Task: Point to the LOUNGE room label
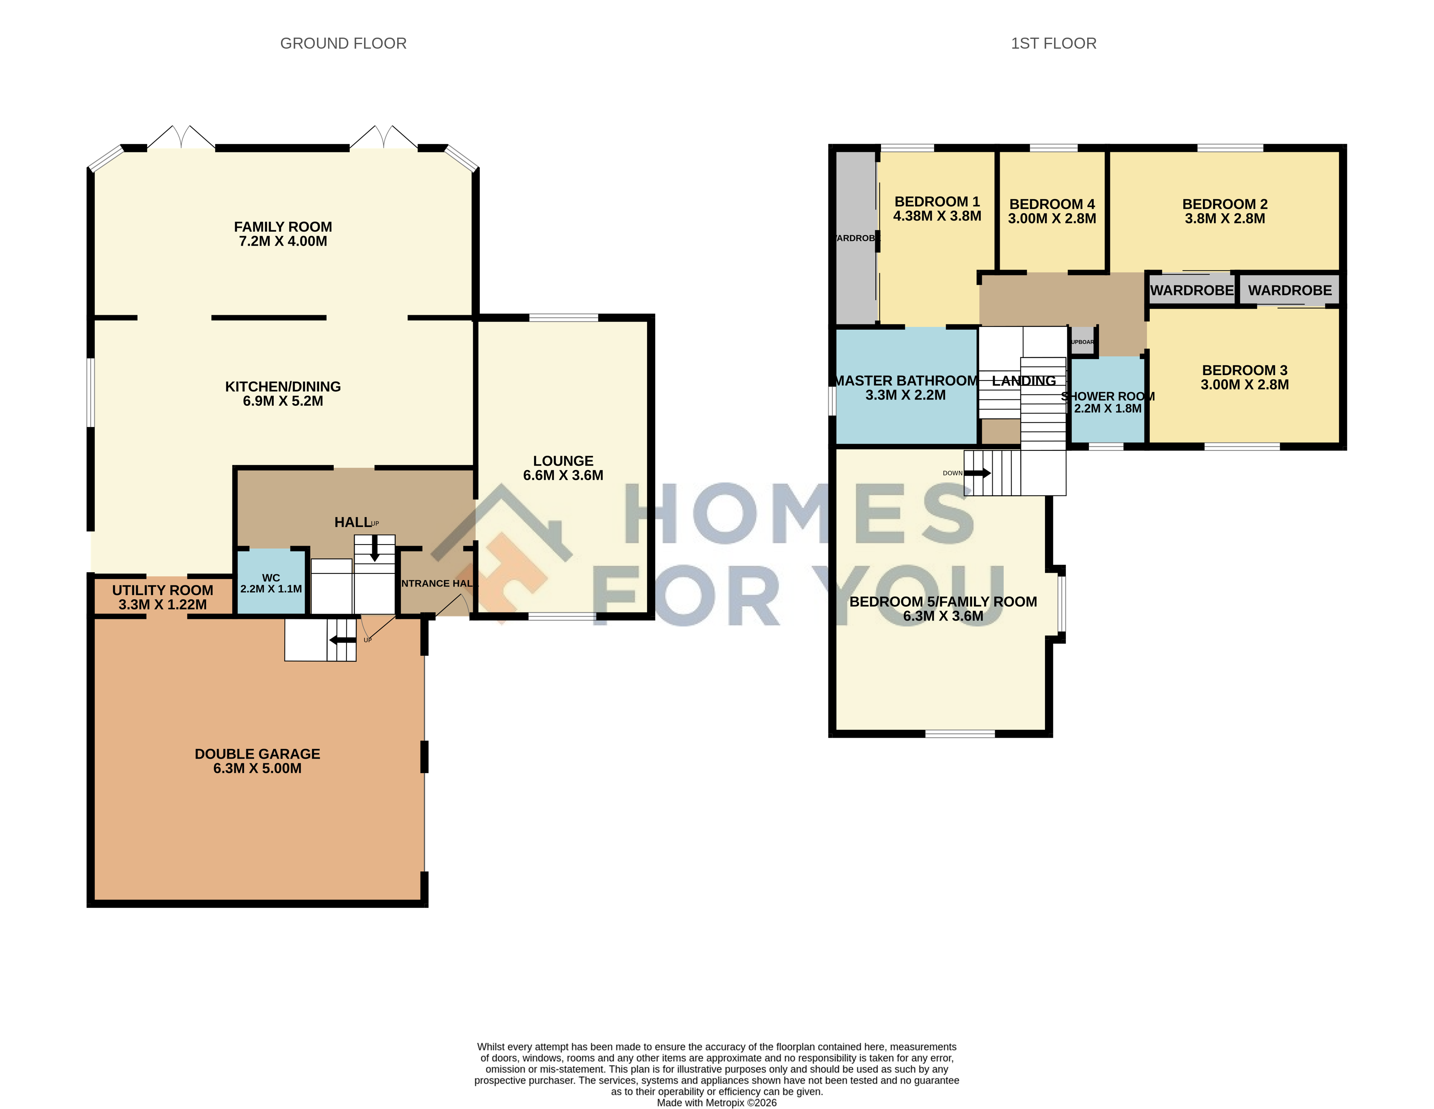(x=563, y=461)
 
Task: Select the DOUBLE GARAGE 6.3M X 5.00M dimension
(x=257, y=768)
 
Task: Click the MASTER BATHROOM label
(x=906, y=381)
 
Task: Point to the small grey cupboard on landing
(x=1082, y=342)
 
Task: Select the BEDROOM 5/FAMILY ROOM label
(x=942, y=601)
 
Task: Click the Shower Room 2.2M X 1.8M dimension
(x=1107, y=408)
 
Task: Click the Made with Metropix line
(x=716, y=1102)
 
